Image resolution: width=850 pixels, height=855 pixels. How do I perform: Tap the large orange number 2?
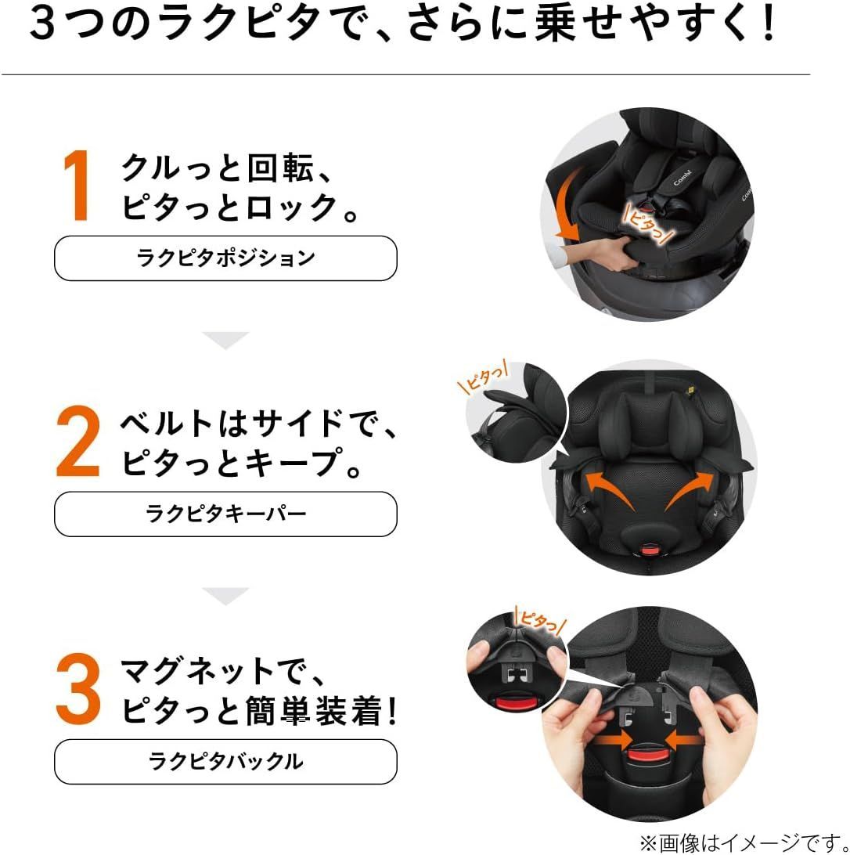click(79, 443)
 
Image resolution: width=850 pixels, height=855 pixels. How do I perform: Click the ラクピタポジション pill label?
click(225, 258)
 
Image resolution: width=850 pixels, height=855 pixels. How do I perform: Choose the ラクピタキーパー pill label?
click(225, 514)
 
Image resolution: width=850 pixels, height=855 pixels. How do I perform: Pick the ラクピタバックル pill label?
click(225, 761)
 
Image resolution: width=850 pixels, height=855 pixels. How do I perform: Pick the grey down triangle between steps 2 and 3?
click(225, 595)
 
